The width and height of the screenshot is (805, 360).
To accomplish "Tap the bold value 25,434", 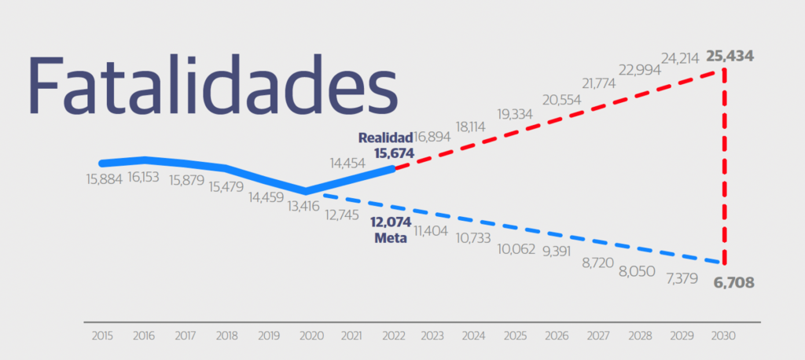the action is click(730, 56).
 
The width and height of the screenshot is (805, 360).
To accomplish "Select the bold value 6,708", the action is click(733, 282).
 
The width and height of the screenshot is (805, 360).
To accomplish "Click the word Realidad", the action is click(385, 138).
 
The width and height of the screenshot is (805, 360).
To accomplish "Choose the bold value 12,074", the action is click(391, 222).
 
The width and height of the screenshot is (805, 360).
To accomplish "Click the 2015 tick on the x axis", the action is click(102, 336).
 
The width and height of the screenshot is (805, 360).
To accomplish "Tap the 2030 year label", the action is click(724, 336).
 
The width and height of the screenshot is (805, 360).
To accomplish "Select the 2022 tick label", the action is click(394, 336).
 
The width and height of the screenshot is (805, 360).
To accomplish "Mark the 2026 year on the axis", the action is click(557, 336).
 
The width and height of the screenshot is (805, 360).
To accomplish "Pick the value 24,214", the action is click(680, 58).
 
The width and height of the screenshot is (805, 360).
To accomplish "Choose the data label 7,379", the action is click(682, 279).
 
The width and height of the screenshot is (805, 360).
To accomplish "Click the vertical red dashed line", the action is click(724, 167).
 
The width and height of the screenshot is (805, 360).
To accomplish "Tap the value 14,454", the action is click(347, 163).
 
